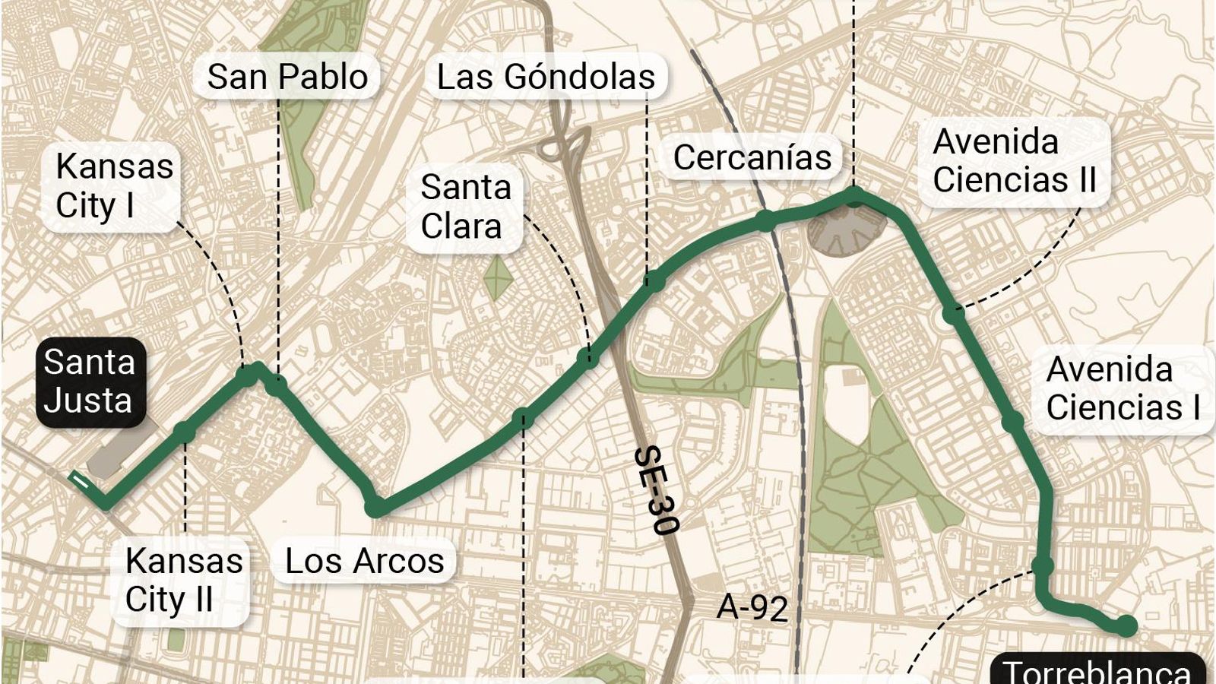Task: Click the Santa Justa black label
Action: (x=90, y=381)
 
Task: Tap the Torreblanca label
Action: (x=1097, y=670)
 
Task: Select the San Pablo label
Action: (x=287, y=77)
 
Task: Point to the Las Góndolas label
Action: (x=546, y=77)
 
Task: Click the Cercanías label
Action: (x=752, y=158)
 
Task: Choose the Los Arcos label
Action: (x=364, y=562)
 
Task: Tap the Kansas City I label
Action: (x=114, y=186)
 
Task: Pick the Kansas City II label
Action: (x=183, y=581)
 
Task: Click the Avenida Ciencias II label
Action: (x=1014, y=161)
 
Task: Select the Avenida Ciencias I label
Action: (x=1122, y=388)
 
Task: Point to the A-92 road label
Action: (x=752, y=608)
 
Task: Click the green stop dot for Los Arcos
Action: (x=375, y=508)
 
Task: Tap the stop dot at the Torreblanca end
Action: (x=1126, y=626)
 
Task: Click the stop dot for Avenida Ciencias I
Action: (x=1012, y=422)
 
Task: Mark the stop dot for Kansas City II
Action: (x=185, y=432)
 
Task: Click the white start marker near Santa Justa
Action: (x=80, y=480)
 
